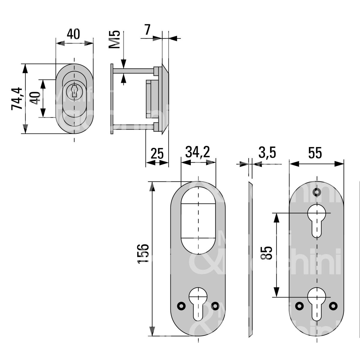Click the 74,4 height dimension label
click(17, 99)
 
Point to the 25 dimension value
click(157, 154)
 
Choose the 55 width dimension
click(315, 153)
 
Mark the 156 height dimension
click(143, 254)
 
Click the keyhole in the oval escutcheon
click(74, 90)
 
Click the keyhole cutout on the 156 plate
click(198, 303)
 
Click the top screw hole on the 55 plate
click(316, 192)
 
